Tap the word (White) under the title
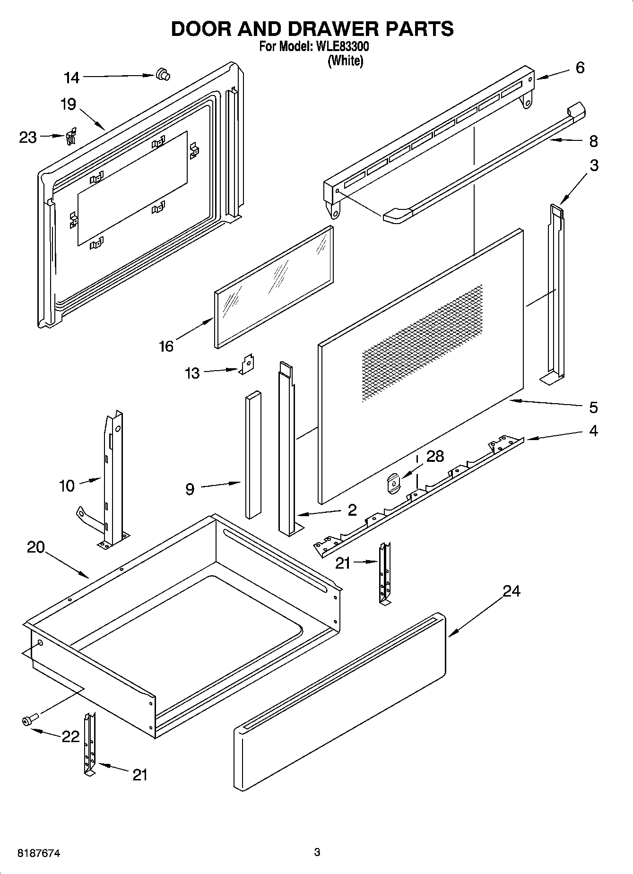pyautogui.click(x=346, y=61)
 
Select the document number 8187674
pyautogui.click(x=39, y=853)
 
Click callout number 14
pyautogui.click(x=72, y=78)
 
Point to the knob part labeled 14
pyautogui.click(x=163, y=75)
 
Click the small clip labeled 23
pyautogui.click(x=71, y=137)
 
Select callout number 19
pyautogui.click(x=69, y=104)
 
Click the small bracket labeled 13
pyautogui.click(x=247, y=364)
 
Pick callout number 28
pyautogui.click(x=435, y=456)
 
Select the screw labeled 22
pyautogui.click(x=28, y=720)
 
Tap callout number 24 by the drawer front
pyautogui.click(x=511, y=591)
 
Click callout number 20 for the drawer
pyautogui.click(x=35, y=547)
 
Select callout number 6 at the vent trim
pyautogui.click(x=580, y=68)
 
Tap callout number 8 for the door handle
pyautogui.click(x=593, y=141)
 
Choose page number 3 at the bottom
pyautogui.click(x=317, y=852)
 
